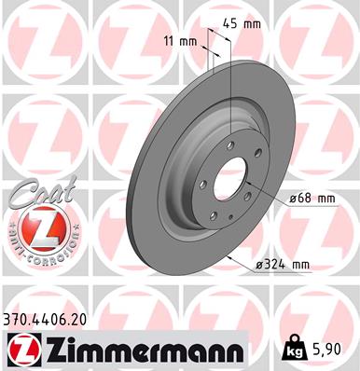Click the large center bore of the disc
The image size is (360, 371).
230,181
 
